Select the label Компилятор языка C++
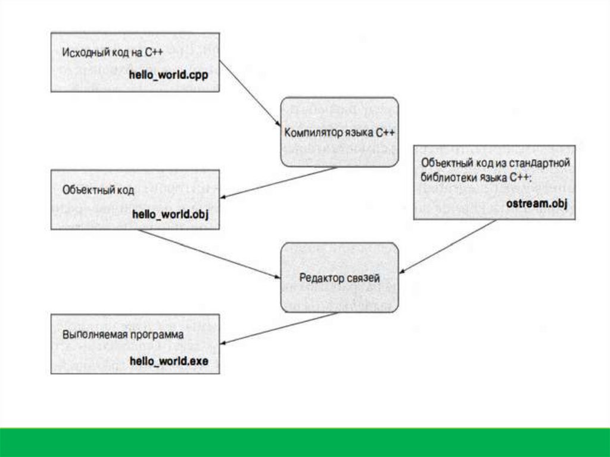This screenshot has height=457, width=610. tap(340, 132)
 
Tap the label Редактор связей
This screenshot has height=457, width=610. tap(339, 277)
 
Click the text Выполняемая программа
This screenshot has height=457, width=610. tap(122, 335)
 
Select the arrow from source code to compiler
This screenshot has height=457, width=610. tap(250, 92)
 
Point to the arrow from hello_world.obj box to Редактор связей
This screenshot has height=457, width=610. tap(208, 254)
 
